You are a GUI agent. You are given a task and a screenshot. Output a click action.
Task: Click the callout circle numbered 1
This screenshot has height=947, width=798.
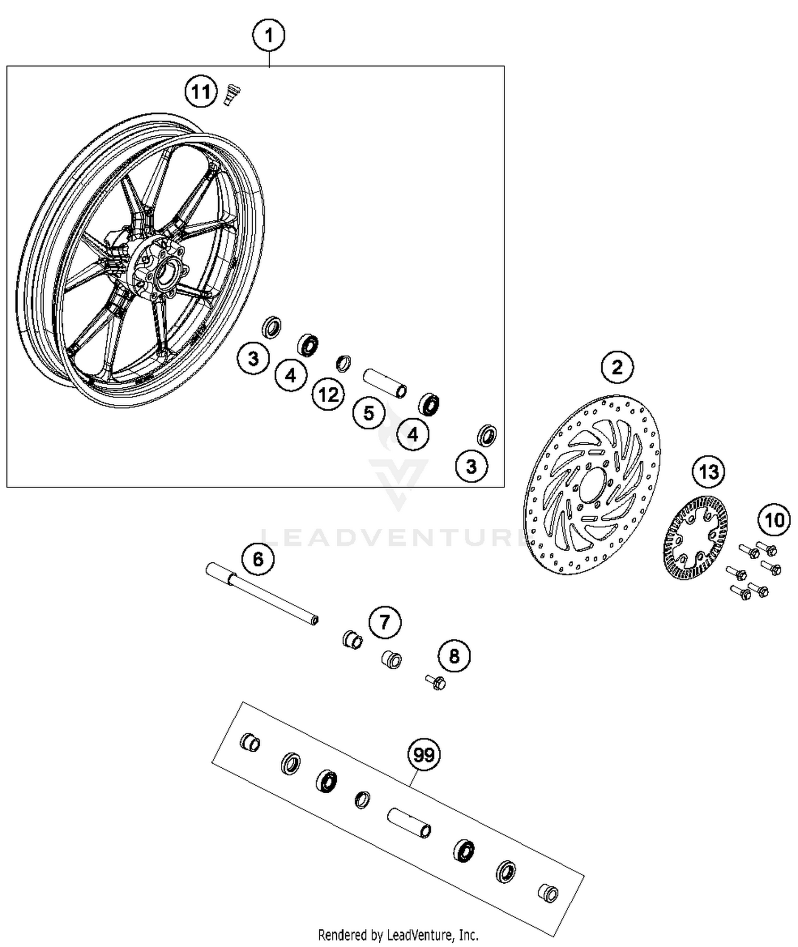[x=269, y=36]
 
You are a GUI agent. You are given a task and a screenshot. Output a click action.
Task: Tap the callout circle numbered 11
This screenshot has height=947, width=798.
[x=201, y=92]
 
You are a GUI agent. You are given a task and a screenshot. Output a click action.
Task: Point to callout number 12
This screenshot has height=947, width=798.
[x=328, y=395]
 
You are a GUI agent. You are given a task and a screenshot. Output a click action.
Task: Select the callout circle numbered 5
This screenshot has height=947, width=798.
[x=369, y=413]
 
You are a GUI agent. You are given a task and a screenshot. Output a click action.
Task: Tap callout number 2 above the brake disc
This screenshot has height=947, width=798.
[x=617, y=367]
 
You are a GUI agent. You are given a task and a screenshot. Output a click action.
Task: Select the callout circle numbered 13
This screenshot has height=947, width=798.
[x=709, y=471]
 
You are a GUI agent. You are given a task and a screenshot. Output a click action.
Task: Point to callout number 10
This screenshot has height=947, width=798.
[x=774, y=519]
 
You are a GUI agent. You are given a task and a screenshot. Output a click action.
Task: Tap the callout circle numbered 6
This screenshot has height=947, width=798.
[x=257, y=559]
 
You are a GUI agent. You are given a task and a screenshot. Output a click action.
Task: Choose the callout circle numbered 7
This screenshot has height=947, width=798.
[x=385, y=622]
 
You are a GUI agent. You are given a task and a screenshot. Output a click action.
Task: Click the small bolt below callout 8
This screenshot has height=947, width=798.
[x=436, y=682]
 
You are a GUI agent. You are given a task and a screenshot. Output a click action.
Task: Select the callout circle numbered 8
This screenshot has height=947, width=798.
[x=454, y=656]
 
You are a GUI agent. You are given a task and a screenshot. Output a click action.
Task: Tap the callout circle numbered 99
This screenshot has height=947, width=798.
[x=424, y=754]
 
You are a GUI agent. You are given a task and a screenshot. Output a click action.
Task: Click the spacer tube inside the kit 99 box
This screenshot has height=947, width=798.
[x=409, y=823]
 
